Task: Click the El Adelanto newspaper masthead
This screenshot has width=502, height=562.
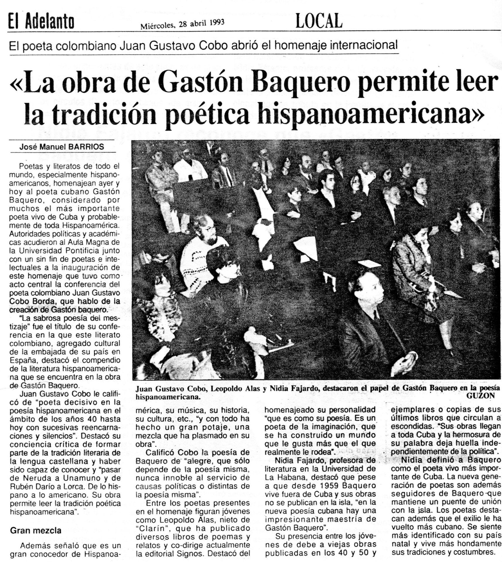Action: [41, 22]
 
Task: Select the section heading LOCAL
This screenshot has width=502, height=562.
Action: [319, 21]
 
